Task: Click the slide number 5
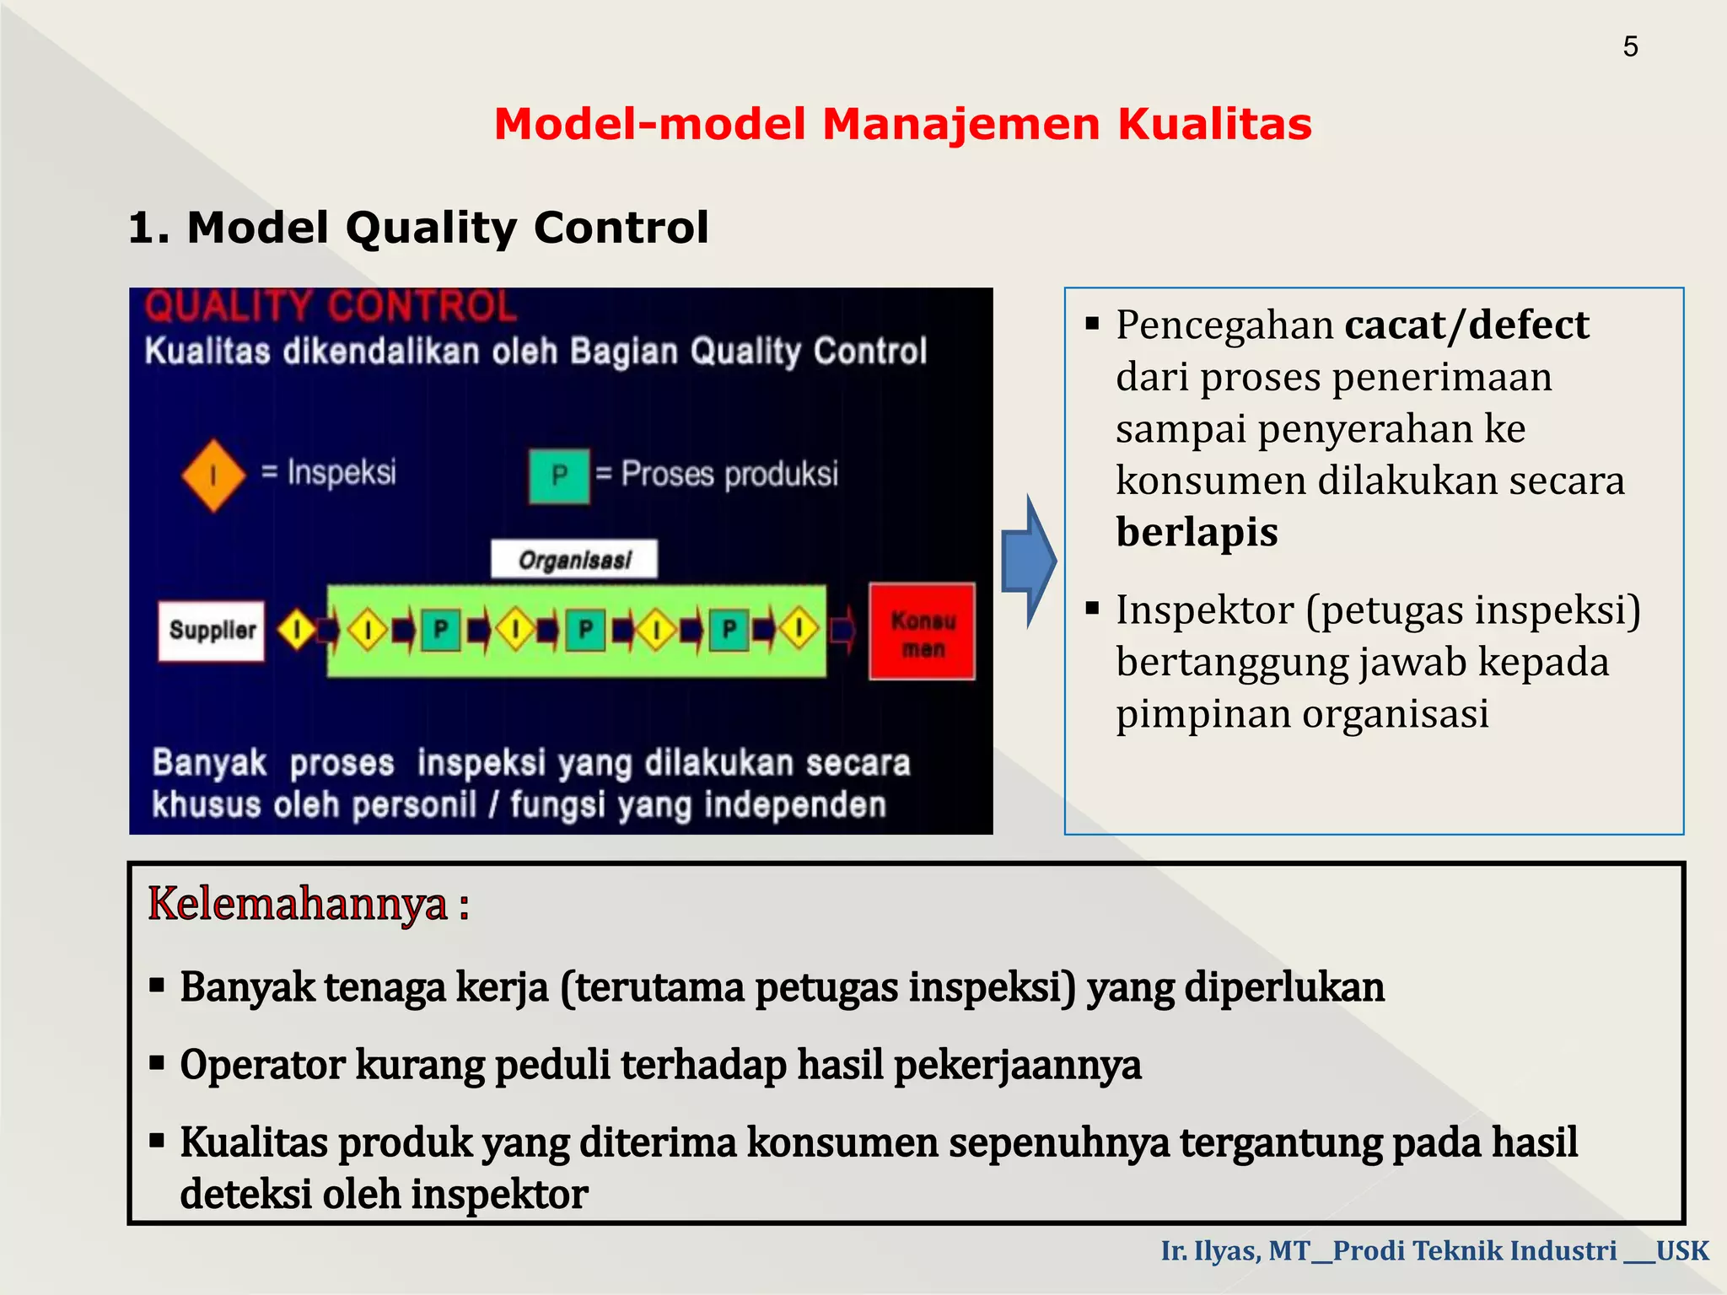1630,46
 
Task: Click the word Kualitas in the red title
1214,124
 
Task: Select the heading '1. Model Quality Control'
418,228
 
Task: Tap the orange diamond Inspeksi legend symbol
213,476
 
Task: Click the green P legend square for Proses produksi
559,476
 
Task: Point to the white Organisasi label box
574,560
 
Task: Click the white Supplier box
212,631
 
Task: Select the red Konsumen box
923,631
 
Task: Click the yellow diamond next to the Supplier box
297,630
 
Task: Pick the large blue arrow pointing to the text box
1029,562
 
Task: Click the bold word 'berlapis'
1197,532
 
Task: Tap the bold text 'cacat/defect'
1466,325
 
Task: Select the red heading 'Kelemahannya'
298,904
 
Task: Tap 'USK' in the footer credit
1681,1250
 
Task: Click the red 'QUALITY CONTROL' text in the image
330,306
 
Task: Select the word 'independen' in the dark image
794,805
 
